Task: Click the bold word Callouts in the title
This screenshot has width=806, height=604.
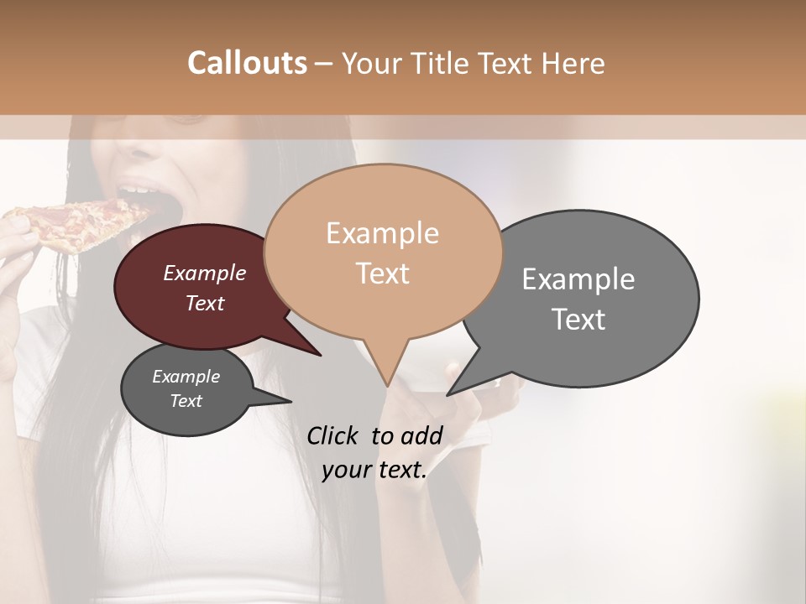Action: pyautogui.click(x=247, y=63)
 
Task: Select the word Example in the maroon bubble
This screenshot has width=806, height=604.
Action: pyautogui.click(x=205, y=273)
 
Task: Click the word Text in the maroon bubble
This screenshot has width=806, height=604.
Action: pyautogui.click(x=205, y=303)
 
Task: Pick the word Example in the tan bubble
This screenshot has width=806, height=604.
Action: pyautogui.click(x=382, y=232)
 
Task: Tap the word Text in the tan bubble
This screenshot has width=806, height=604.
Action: pyautogui.click(x=382, y=273)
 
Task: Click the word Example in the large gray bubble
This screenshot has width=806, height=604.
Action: pyautogui.click(x=578, y=279)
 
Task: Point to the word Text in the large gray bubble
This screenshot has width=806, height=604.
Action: pyautogui.click(x=578, y=319)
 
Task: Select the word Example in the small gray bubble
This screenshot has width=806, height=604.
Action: pyautogui.click(x=186, y=377)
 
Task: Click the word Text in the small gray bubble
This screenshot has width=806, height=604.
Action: pyautogui.click(x=186, y=401)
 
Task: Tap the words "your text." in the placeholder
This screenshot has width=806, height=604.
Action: pyautogui.click(x=374, y=470)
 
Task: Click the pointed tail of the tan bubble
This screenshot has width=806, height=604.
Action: pyautogui.click(x=386, y=373)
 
